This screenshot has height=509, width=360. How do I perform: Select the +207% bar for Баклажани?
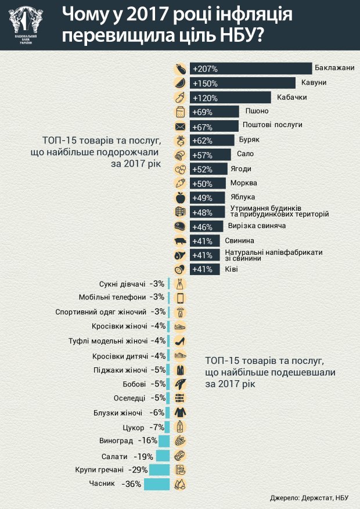(x=250, y=68)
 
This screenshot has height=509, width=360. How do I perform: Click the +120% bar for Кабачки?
(x=229, y=97)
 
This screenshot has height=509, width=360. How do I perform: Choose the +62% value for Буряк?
(x=203, y=140)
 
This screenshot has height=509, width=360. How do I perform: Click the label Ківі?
(x=232, y=269)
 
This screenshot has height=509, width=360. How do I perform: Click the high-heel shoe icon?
(x=180, y=341)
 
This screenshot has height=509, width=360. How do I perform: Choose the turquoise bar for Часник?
(x=157, y=484)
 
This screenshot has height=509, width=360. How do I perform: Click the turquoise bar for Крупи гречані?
(x=160, y=470)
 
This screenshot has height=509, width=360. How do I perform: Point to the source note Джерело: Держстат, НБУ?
(x=311, y=498)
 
